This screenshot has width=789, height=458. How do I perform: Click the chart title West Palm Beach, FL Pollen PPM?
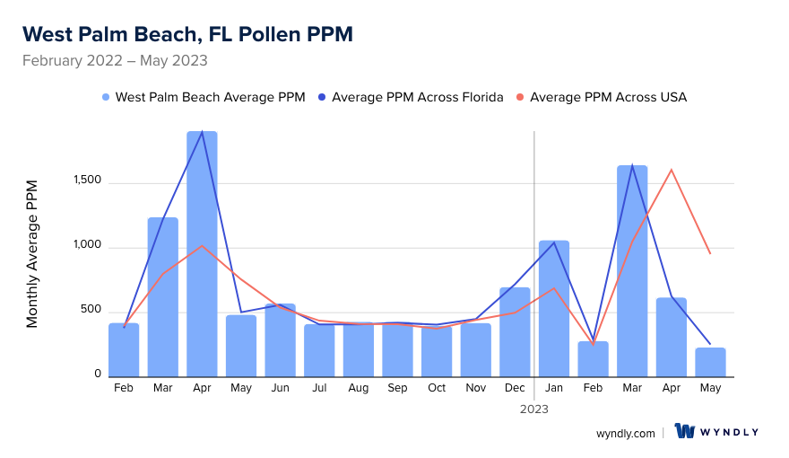click(187, 34)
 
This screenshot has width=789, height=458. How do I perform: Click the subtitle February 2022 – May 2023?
click(115, 61)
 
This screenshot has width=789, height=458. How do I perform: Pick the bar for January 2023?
click(554, 309)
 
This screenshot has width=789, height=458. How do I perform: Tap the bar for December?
click(515, 332)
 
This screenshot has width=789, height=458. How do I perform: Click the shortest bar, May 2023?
click(710, 362)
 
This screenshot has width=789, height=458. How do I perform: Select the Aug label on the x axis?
click(358, 388)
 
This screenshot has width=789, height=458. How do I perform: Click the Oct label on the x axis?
click(437, 388)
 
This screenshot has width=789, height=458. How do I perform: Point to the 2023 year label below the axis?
click(534, 409)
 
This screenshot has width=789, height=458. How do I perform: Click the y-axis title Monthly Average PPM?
click(32, 253)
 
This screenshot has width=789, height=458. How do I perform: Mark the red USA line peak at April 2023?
click(671, 170)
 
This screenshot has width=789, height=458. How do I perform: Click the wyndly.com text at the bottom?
click(625, 433)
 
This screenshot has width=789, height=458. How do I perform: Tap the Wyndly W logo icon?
click(685, 431)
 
